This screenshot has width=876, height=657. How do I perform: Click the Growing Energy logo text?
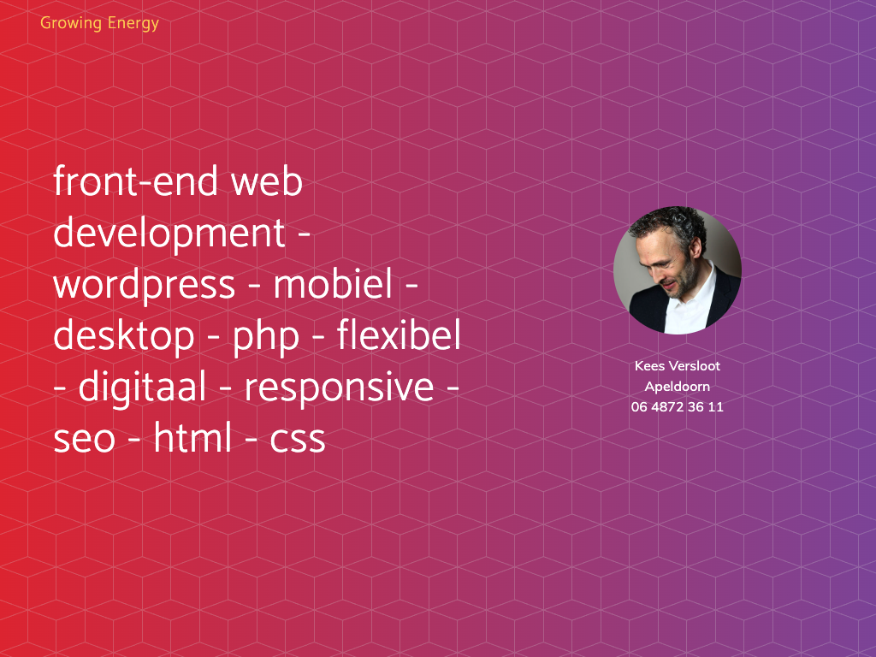click(x=99, y=23)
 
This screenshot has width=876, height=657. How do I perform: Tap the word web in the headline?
click(x=267, y=181)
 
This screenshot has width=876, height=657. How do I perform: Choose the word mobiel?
click(x=333, y=283)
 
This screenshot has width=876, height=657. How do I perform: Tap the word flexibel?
click(x=399, y=334)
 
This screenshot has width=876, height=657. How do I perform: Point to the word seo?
click(x=85, y=439)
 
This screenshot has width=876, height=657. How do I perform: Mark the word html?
click(x=192, y=437)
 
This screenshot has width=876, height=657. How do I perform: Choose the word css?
click(x=297, y=439)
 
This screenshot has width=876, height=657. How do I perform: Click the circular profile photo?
click(x=678, y=270)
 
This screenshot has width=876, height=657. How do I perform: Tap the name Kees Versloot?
click(x=678, y=366)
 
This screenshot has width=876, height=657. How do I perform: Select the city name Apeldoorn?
click(x=678, y=387)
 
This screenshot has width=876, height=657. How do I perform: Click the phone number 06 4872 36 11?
click(x=678, y=406)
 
